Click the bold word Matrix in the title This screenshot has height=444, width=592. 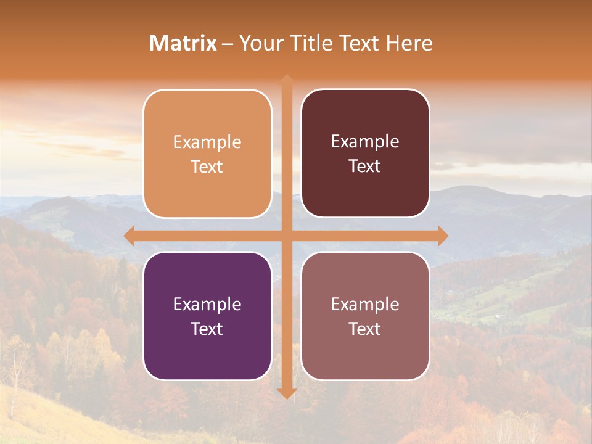pyautogui.click(x=183, y=43)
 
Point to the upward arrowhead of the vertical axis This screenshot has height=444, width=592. pyautogui.click(x=287, y=80)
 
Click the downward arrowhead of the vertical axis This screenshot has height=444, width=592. pyautogui.click(x=287, y=393)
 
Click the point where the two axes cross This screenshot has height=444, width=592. pyautogui.click(x=287, y=236)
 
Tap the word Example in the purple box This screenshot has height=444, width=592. pyautogui.click(x=207, y=304)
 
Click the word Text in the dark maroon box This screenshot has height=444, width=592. pyautogui.click(x=365, y=166)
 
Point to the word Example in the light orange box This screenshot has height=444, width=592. pyautogui.click(x=207, y=142)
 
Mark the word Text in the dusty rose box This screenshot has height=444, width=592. pyautogui.click(x=365, y=329)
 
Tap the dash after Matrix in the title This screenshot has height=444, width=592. pyautogui.click(x=228, y=44)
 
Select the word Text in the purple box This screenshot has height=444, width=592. pyautogui.click(x=207, y=329)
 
